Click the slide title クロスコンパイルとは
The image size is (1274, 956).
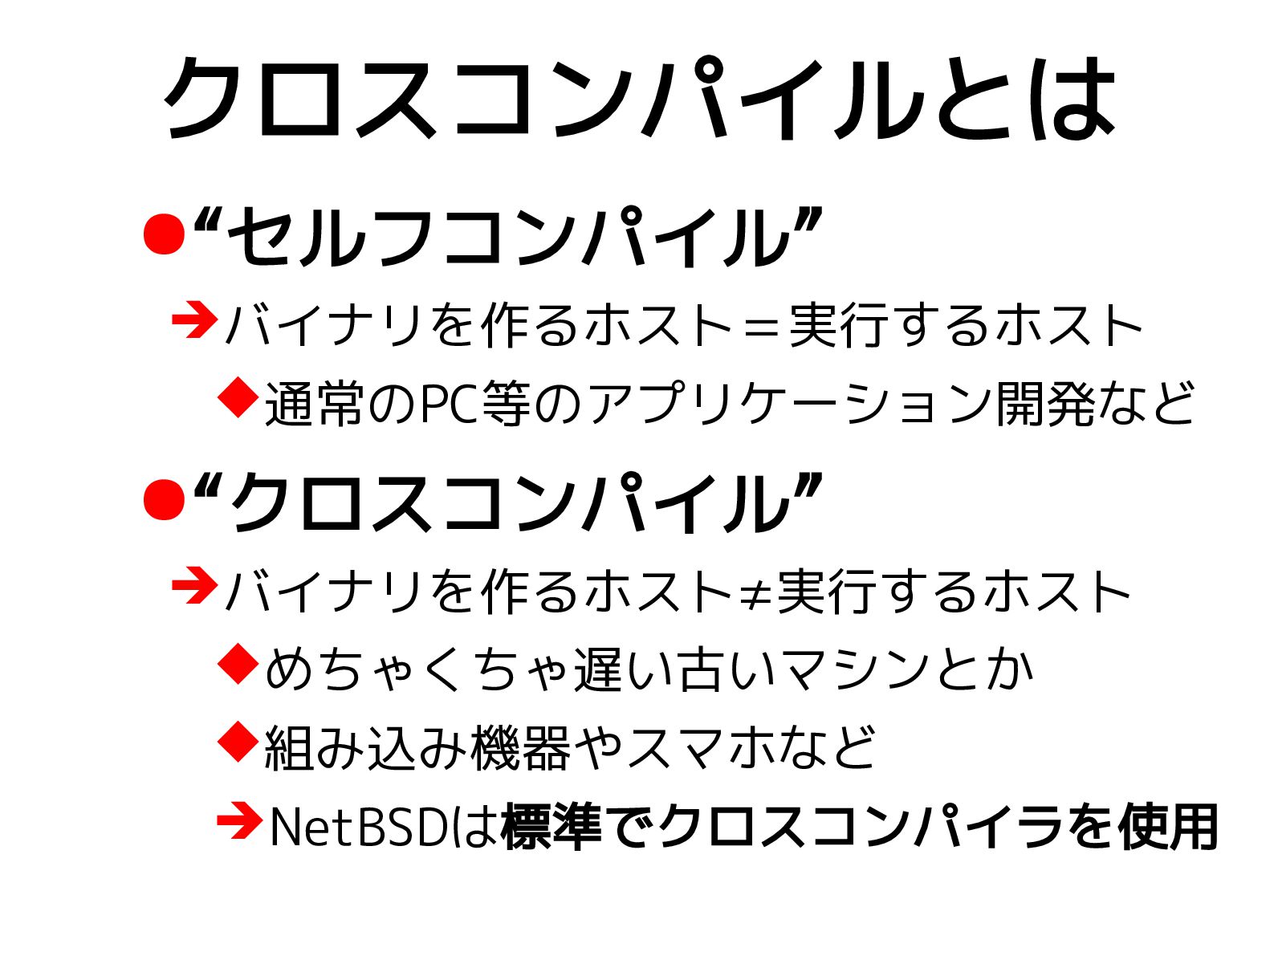click(639, 99)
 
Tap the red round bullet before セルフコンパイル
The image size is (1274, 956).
click(165, 234)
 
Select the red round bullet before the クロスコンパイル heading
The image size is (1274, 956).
click(165, 499)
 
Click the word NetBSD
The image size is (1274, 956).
click(357, 828)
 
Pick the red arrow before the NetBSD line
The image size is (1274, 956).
click(239, 822)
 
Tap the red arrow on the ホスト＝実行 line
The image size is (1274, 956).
click(195, 320)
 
